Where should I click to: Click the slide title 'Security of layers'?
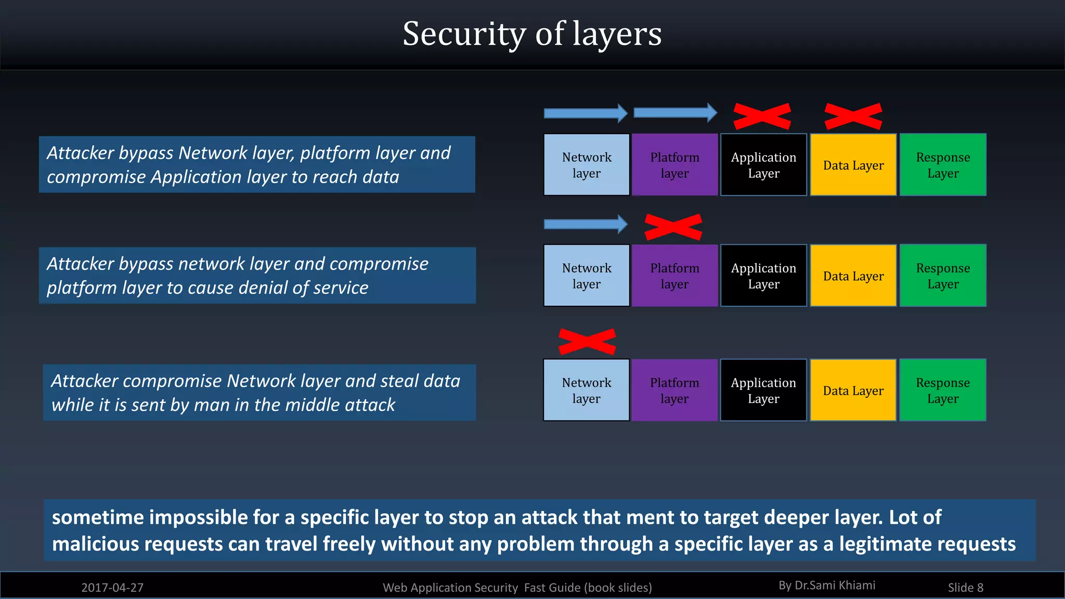point(532,34)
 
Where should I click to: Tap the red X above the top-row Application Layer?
point(762,116)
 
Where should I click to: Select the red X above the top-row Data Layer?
point(853,116)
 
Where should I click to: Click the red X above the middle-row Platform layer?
point(673,227)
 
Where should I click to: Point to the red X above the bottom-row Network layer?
point(587,342)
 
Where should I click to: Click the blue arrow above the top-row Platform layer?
point(675,113)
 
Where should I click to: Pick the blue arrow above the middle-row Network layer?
point(586,224)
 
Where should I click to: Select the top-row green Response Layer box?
point(942,165)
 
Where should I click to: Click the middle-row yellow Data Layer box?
point(853,276)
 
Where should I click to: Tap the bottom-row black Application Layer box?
point(763,390)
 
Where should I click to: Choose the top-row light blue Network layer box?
point(586,165)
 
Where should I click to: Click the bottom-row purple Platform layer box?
point(674,390)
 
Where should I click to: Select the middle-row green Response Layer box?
point(942,276)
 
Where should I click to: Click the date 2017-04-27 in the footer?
point(112,588)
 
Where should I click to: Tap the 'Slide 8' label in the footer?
point(965,588)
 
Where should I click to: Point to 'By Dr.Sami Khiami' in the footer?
point(827,585)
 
